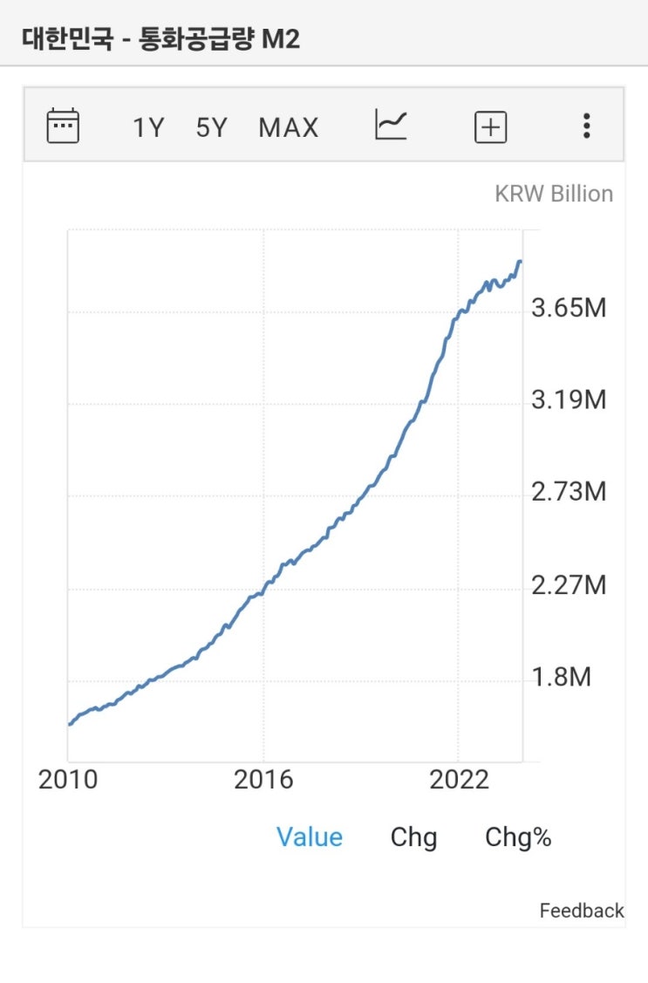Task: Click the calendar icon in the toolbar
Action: point(63,126)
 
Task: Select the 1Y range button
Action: point(148,128)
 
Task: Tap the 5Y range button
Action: point(211,128)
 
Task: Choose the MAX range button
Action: point(289,128)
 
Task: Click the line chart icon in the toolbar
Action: point(391,125)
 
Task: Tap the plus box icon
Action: point(490,128)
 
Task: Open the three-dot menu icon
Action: point(587,126)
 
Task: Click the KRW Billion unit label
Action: point(554,194)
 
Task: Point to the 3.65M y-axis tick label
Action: point(569,309)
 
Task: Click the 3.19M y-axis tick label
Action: point(569,400)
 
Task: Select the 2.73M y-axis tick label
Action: point(569,492)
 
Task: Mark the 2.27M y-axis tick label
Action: point(569,584)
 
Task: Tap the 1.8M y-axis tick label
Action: point(562,677)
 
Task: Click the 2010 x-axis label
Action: point(68,780)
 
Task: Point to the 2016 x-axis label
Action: point(263,780)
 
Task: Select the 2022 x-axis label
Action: point(460,780)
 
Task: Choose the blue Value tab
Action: point(310,837)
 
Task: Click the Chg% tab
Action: point(518,837)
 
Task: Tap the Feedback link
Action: point(582,911)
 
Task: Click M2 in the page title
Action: point(281,39)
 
